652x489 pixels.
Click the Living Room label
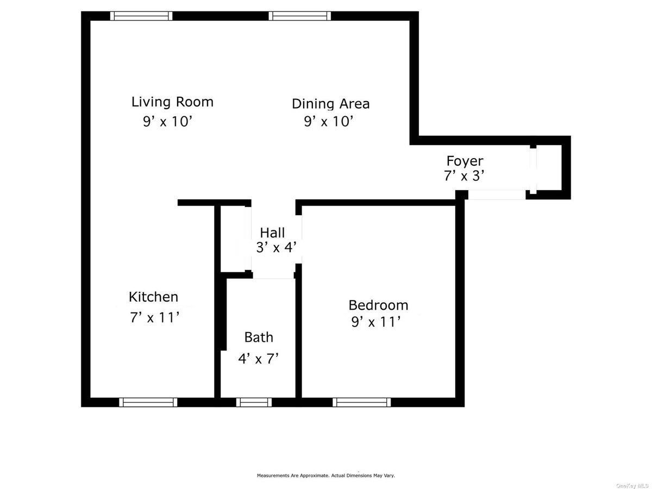pyautogui.click(x=172, y=102)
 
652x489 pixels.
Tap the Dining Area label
pyautogui.click(x=330, y=104)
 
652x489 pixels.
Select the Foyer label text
pyautogui.click(x=465, y=161)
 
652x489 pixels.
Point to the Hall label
pyautogui.click(x=272, y=233)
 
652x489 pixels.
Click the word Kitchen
pyautogui.click(x=153, y=297)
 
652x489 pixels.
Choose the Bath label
pyautogui.click(x=259, y=337)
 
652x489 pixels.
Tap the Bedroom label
pyautogui.click(x=378, y=305)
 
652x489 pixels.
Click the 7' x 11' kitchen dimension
pyautogui.click(x=154, y=317)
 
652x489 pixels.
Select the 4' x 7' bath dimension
pyautogui.click(x=259, y=359)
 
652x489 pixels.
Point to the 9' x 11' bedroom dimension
pyautogui.click(x=376, y=322)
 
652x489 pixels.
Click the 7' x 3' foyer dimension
pyautogui.click(x=465, y=175)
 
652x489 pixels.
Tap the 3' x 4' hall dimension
pyautogui.click(x=276, y=247)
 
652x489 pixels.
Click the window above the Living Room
pyautogui.click(x=141, y=16)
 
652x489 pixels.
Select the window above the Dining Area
pyautogui.click(x=300, y=16)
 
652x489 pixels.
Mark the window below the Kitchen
pyautogui.click(x=148, y=402)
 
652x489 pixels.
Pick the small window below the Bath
pyautogui.click(x=254, y=402)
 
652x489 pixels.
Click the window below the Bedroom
pyautogui.click(x=361, y=402)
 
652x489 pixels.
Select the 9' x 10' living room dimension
pyautogui.click(x=167, y=121)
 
